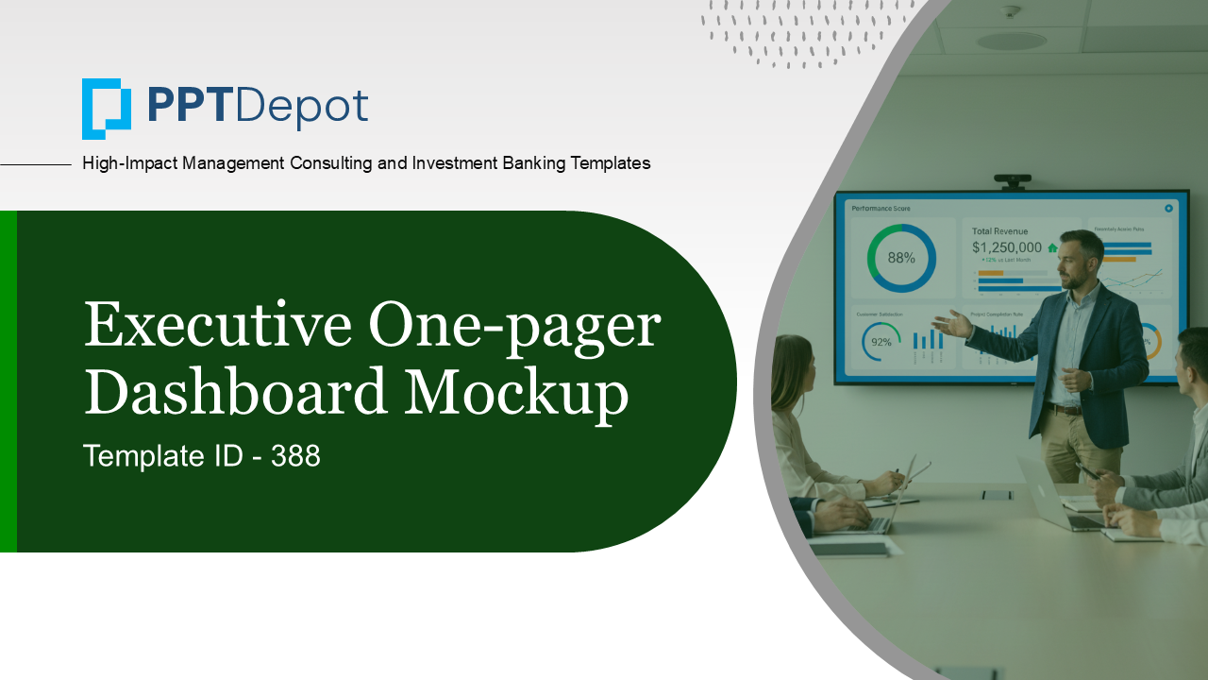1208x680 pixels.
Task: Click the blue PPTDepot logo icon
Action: pos(106,109)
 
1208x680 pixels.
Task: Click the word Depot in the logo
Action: pos(302,107)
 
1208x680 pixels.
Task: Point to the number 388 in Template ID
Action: pos(295,457)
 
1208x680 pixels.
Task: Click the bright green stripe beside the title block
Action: pos(8,381)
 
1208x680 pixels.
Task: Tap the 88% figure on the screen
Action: pos(901,258)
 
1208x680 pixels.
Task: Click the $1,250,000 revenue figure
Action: pos(1007,247)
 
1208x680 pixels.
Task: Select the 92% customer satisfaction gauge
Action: pos(881,342)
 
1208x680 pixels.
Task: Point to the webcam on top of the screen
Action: pos(1012,179)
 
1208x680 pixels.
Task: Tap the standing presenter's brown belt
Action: pos(1064,409)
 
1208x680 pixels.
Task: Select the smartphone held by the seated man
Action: pos(1086,470)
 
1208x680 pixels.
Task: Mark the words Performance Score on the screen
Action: pos(881,208)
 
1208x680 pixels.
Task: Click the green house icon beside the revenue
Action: pos(1052,247)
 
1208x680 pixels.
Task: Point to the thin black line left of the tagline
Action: pos(36,164)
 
